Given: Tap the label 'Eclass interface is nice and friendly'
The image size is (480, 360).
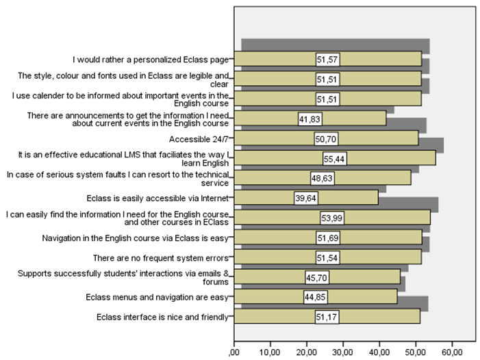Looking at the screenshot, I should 161,317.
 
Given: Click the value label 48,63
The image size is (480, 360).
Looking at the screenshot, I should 322,179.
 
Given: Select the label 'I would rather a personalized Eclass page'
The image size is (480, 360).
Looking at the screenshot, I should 152,60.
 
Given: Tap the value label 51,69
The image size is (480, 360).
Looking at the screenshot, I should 328,238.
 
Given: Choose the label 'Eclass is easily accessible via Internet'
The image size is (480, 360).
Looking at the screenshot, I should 159,198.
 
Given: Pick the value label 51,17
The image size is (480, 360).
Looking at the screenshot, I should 327,317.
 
